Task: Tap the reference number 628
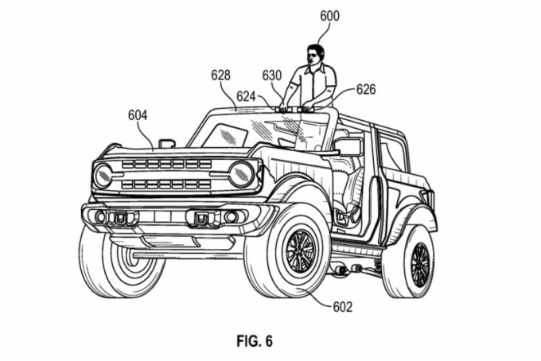[220, 75]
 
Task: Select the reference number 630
[272, 75]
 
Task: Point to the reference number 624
[245, 96]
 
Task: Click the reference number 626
[366, 89]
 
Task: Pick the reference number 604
[137, 115]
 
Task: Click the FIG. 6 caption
[254, 342]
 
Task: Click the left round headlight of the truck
[103, 175]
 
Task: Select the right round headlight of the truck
[241, 173]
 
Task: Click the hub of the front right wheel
[301, 251]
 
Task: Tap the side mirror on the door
[348, 146]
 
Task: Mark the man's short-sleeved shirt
[313, 84]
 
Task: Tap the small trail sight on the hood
[167, 143]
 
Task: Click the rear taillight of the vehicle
[430, 197]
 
